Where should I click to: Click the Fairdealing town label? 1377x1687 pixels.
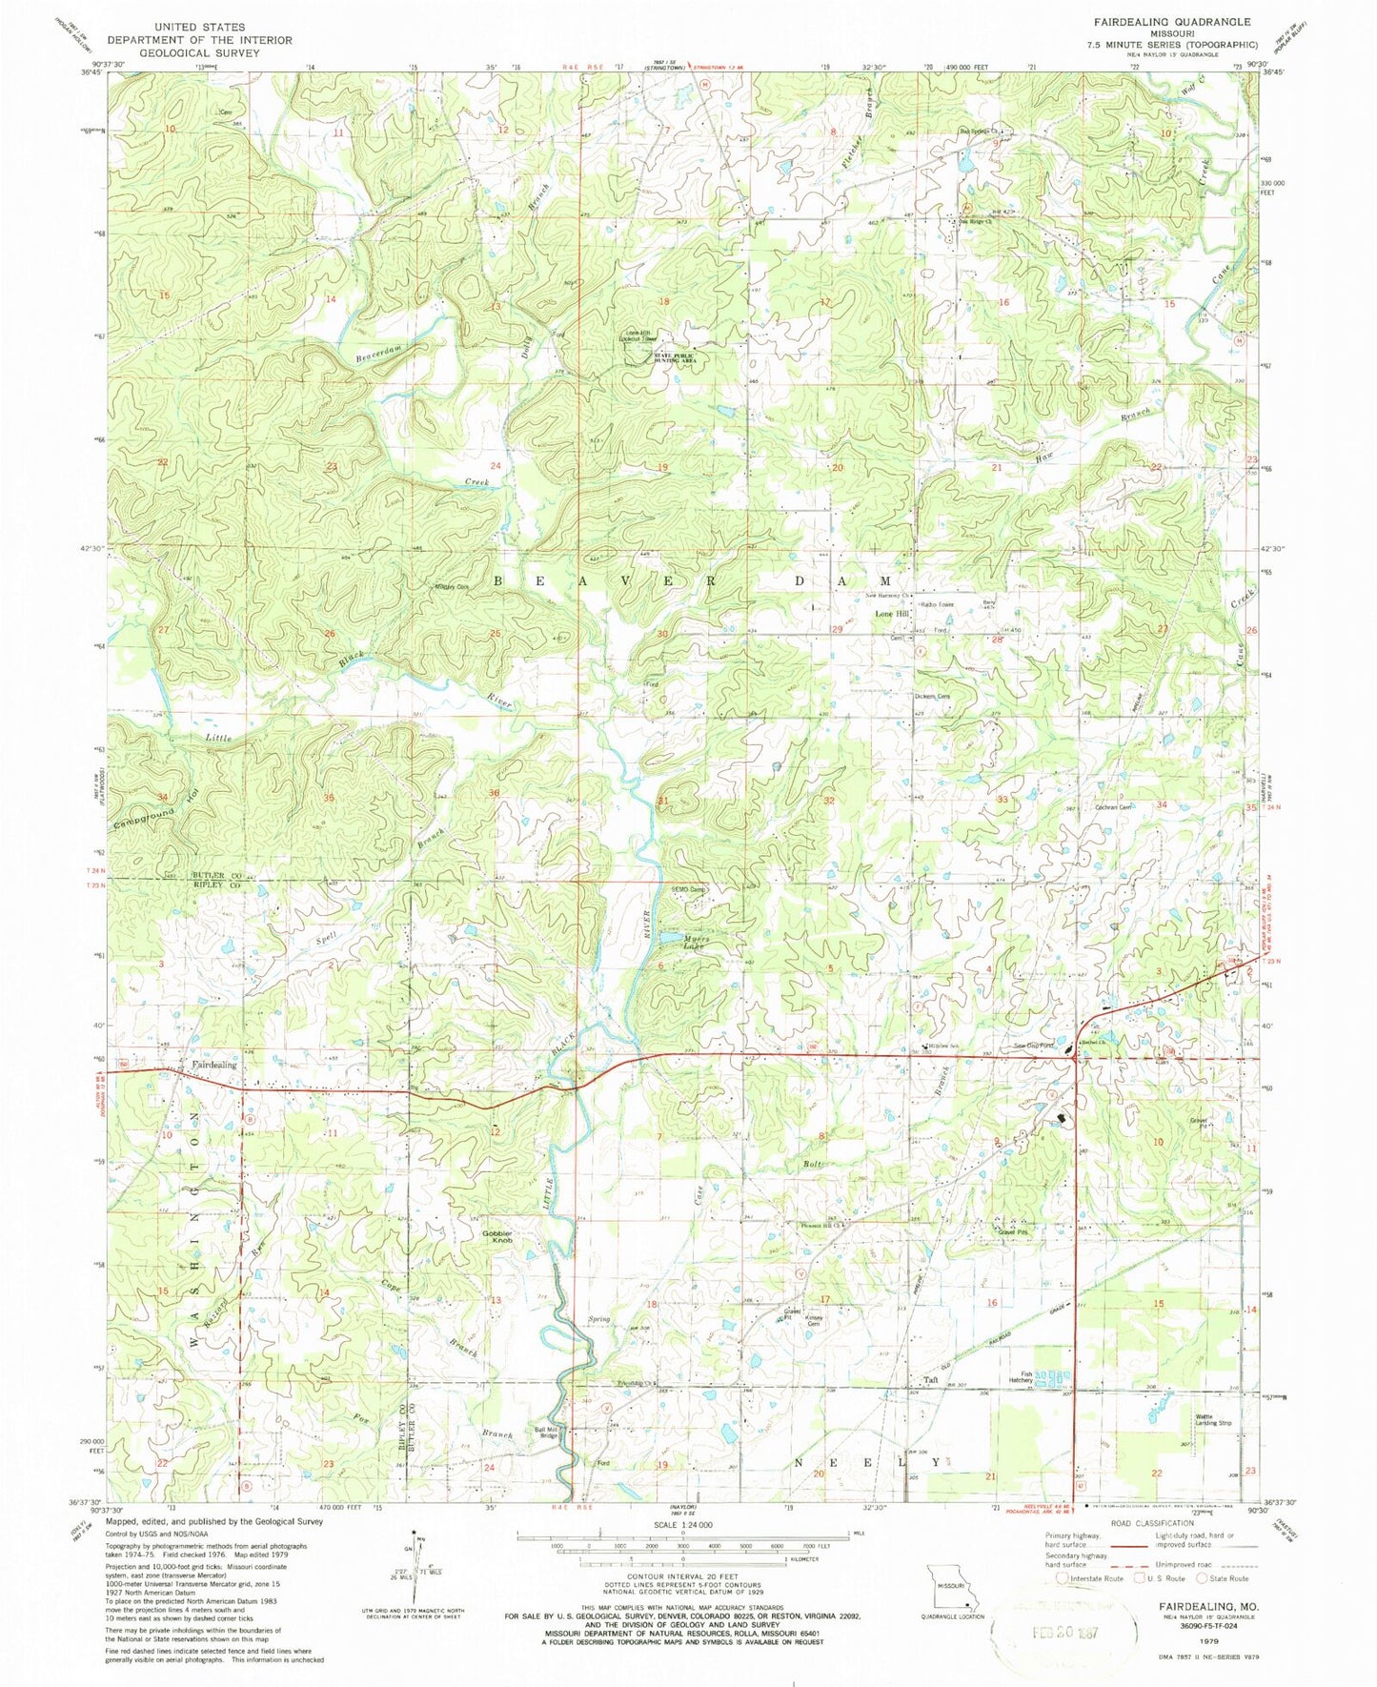(214, 1065)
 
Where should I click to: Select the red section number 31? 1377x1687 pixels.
(662, 801)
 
